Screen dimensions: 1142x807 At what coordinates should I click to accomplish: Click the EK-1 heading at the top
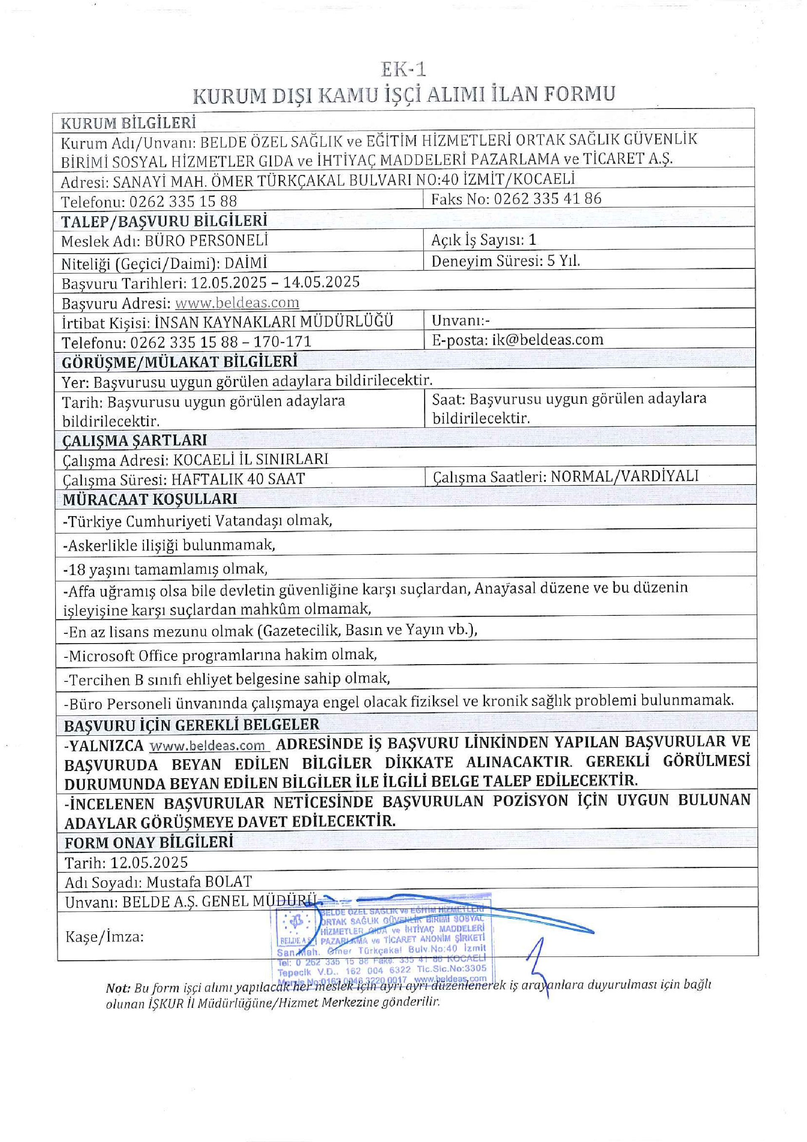403,69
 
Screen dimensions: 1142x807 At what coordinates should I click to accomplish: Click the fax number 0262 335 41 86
547,199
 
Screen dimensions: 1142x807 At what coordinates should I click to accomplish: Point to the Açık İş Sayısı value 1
532,240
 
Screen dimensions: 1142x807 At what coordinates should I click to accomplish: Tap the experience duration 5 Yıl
564,261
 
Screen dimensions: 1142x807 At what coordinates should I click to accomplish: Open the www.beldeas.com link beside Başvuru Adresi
237,303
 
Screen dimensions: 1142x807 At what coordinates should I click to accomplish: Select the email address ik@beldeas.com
547,340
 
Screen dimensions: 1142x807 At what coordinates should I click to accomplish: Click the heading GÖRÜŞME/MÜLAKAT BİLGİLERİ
179,362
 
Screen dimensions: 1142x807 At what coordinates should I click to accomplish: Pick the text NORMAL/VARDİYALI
624,476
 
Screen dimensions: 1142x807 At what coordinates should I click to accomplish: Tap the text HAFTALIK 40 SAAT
237,479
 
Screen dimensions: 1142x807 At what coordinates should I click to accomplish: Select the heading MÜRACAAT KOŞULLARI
150,499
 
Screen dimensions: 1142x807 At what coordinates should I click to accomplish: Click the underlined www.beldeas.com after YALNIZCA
208,746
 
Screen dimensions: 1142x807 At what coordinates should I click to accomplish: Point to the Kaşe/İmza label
104,937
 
